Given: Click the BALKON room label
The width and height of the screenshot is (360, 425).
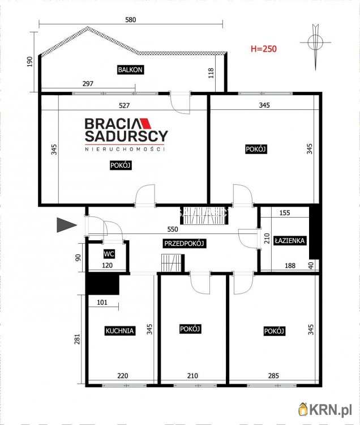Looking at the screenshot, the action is [x=130, y=70].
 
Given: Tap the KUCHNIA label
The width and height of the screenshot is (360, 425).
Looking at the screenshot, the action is [x=119, y=331].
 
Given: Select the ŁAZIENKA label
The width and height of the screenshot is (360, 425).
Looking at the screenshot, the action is [x=290, y=240].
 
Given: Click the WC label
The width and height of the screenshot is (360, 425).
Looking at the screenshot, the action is [x=109, y=254].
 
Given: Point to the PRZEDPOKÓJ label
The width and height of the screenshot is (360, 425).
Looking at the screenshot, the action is [x=184, y=244].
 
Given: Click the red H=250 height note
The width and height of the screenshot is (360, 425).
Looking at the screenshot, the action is [x=264, y=49].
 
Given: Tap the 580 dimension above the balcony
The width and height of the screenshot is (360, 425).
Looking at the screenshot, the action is [x=130, y=20].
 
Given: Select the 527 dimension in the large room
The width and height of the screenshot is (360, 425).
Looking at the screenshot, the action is [x=124, y=105].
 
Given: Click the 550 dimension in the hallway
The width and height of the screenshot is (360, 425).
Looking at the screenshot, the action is [x=173, y=229].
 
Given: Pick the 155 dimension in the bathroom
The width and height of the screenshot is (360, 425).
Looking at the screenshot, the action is [x=285, y=212].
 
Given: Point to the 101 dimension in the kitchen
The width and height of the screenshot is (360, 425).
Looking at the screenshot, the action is [x=102, y=302].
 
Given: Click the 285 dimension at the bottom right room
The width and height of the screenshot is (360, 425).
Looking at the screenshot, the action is [x=273, y=376].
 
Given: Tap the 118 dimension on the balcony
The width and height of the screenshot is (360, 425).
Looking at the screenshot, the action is [x=211, y=73].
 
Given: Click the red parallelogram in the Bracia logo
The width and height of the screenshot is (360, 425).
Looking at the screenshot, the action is [x=145, y=124].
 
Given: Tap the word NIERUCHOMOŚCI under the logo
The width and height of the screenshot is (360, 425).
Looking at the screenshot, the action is [x=125, y=149].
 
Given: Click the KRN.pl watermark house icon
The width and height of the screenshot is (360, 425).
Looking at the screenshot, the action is [x=303, y=409].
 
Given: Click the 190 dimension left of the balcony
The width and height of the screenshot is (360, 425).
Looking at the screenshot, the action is [x=30, y=62].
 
